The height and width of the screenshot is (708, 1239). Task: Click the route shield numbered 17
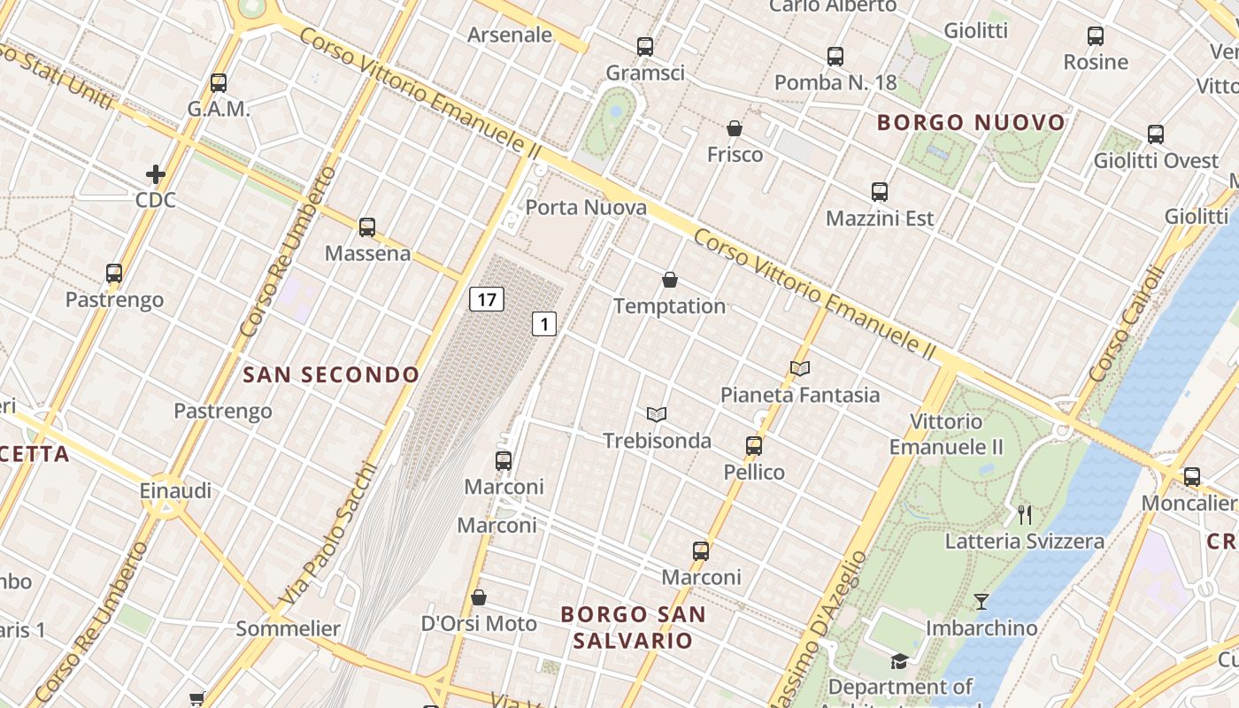486,299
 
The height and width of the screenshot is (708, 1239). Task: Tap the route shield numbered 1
543,324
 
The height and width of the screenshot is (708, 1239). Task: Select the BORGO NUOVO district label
971,123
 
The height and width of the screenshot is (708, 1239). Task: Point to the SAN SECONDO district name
331,375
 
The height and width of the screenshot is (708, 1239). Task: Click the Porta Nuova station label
586,208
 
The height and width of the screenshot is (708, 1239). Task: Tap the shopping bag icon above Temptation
670,281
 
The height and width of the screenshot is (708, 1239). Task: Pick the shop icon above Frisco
734,128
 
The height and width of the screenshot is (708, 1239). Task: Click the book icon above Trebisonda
656,414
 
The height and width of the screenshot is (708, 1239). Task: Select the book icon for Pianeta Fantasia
799,368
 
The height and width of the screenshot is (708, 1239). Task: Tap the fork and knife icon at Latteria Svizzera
1025,514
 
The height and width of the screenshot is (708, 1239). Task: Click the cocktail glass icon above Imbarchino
981,602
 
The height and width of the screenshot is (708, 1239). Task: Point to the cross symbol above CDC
156,173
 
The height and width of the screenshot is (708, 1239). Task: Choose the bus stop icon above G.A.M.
219,83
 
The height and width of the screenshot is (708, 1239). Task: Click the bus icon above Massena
367,227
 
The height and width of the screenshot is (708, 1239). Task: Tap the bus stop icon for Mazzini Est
879,192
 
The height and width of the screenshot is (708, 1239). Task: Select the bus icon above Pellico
754,446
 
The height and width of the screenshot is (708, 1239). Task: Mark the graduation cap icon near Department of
899,661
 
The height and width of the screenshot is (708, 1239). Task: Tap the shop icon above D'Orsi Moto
479,597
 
